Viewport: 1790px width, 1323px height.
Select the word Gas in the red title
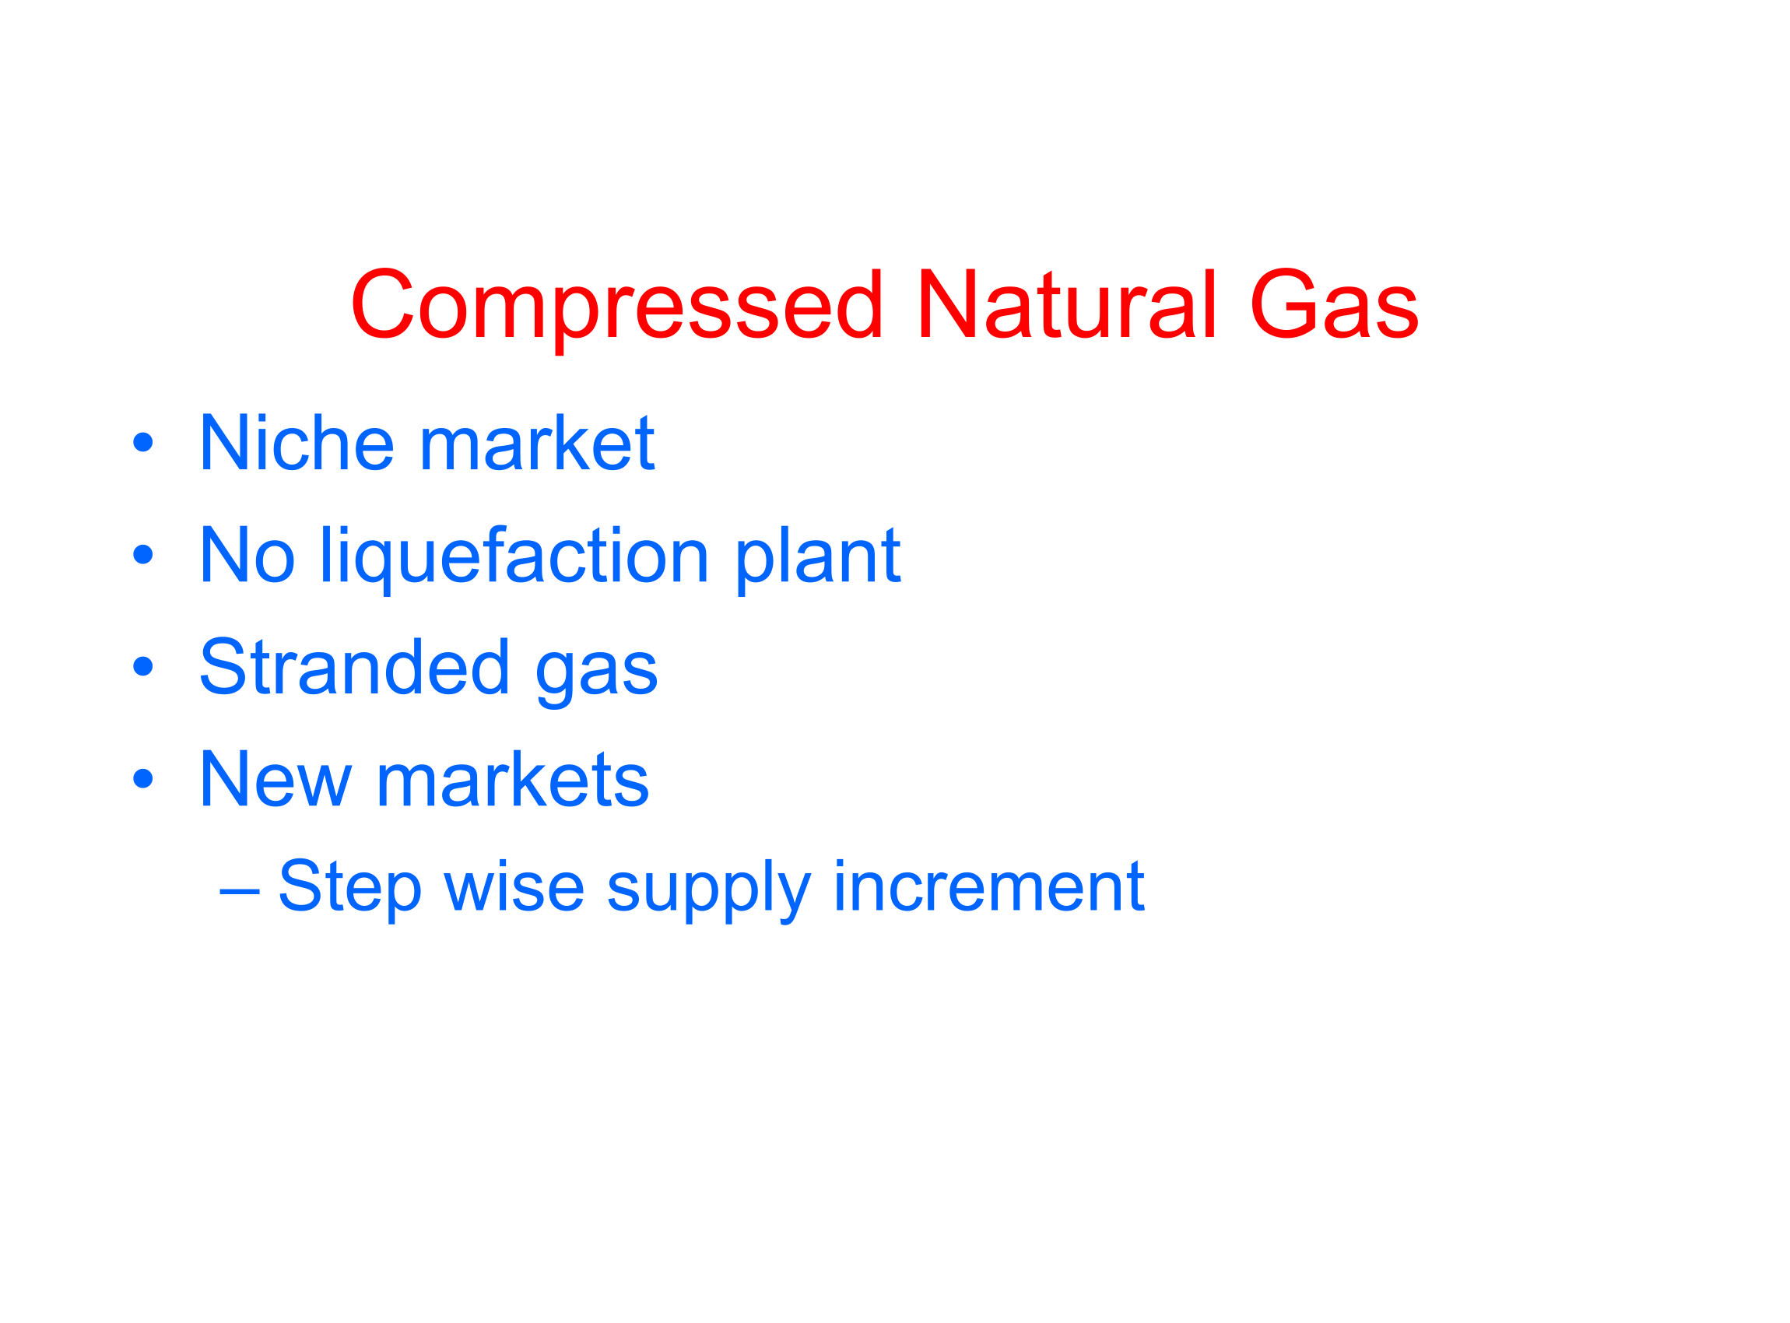coord(1334,304)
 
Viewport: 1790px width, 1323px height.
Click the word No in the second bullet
coord(247,554)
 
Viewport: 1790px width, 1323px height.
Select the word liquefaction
coord(515,560)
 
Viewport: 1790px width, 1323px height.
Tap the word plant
coord(818,560)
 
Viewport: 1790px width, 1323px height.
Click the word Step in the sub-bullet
coord(350,889)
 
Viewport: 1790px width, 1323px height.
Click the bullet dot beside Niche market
coord(142,442)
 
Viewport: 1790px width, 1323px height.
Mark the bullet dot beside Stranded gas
coord(142,666)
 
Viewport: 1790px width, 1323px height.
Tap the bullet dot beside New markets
coord(142,778)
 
